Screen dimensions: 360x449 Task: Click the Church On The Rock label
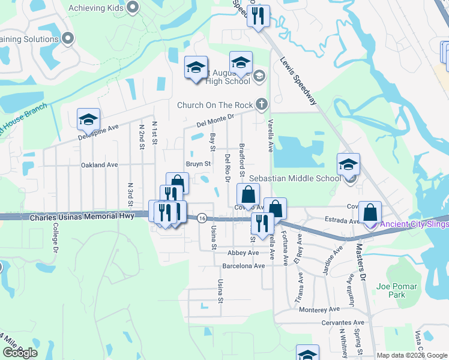(215, 105)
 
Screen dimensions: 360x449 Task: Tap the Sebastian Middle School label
(295, 178)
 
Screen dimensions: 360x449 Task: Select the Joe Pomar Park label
(391, 290)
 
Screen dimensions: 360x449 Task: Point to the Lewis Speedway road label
(298, 80)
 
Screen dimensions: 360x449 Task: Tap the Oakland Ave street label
(99, 164)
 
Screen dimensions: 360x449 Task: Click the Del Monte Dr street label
(215, 121)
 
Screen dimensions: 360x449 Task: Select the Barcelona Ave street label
(243, 266)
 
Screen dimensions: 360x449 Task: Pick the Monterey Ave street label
(319, 309)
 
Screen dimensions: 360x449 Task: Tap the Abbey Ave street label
(243, 253)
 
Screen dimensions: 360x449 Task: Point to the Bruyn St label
(198, 163)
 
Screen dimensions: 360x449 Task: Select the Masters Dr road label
(361, 263)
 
